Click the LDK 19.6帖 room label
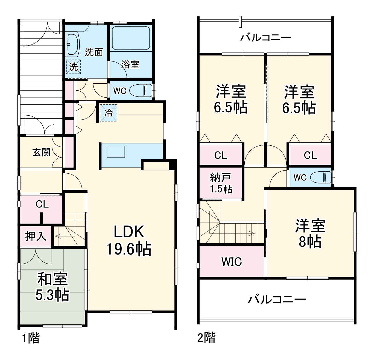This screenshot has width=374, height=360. [128, 241]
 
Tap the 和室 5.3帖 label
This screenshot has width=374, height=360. [52, 287]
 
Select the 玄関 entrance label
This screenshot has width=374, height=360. [41, 152]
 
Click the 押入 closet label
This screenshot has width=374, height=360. [36, 236]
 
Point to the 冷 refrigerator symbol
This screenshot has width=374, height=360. [109, 113]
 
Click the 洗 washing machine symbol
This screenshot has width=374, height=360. [73, 67]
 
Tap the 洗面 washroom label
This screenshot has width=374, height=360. [93, 52]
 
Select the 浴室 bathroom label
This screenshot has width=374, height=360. [130, 65]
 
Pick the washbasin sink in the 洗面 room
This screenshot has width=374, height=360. [72, 44]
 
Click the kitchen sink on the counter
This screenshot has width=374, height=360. [116, 152]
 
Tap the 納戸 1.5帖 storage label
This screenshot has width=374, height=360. [221, 183]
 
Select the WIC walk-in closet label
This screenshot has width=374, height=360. [232, 262]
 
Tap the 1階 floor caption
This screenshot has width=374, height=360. [31, 338]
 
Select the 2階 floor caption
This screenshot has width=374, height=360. [206, 338]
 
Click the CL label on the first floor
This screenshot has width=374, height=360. [42, 204]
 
